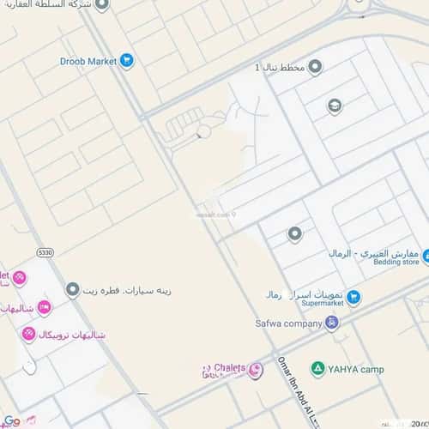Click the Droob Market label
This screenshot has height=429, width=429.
pos(88,61)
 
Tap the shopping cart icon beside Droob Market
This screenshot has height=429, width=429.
pos(127,60)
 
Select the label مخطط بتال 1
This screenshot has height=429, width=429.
pos(280,67)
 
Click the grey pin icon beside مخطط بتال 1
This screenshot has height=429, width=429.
pos(315,66)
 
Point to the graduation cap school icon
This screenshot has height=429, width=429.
pos(335,106)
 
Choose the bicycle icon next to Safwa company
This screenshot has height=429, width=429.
pos(333,323)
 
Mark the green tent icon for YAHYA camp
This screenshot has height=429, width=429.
pos(317,368)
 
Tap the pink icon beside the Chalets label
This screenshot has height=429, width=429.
pos(255,370)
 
